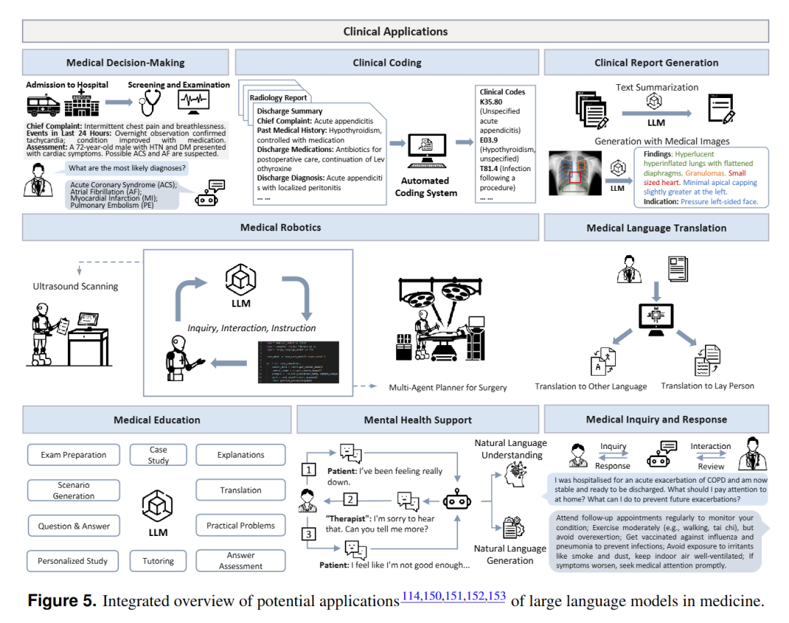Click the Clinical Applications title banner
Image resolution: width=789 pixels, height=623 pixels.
point(395,31)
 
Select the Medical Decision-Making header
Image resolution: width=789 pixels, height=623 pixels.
point(126,63)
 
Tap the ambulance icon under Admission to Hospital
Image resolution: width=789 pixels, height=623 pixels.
point(44,104)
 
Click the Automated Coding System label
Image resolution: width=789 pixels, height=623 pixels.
point(425,186)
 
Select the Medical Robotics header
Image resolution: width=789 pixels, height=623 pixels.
point(281,227)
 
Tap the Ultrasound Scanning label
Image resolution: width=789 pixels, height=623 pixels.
point(75,286)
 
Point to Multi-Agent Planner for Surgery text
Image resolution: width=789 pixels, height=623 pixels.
point(447,387)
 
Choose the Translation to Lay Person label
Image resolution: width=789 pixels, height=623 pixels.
point(707,385)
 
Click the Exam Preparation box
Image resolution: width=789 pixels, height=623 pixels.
point(74,455)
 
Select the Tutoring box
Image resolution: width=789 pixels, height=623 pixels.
point(159,561)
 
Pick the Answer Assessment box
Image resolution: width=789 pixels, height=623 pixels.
point(240,561)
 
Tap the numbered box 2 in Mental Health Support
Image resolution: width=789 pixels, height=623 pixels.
point(351,499)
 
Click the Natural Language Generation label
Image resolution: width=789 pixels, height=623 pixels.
point(510,554)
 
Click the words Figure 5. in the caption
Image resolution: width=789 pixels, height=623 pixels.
point(61,602)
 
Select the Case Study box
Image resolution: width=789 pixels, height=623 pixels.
point(159,455)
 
